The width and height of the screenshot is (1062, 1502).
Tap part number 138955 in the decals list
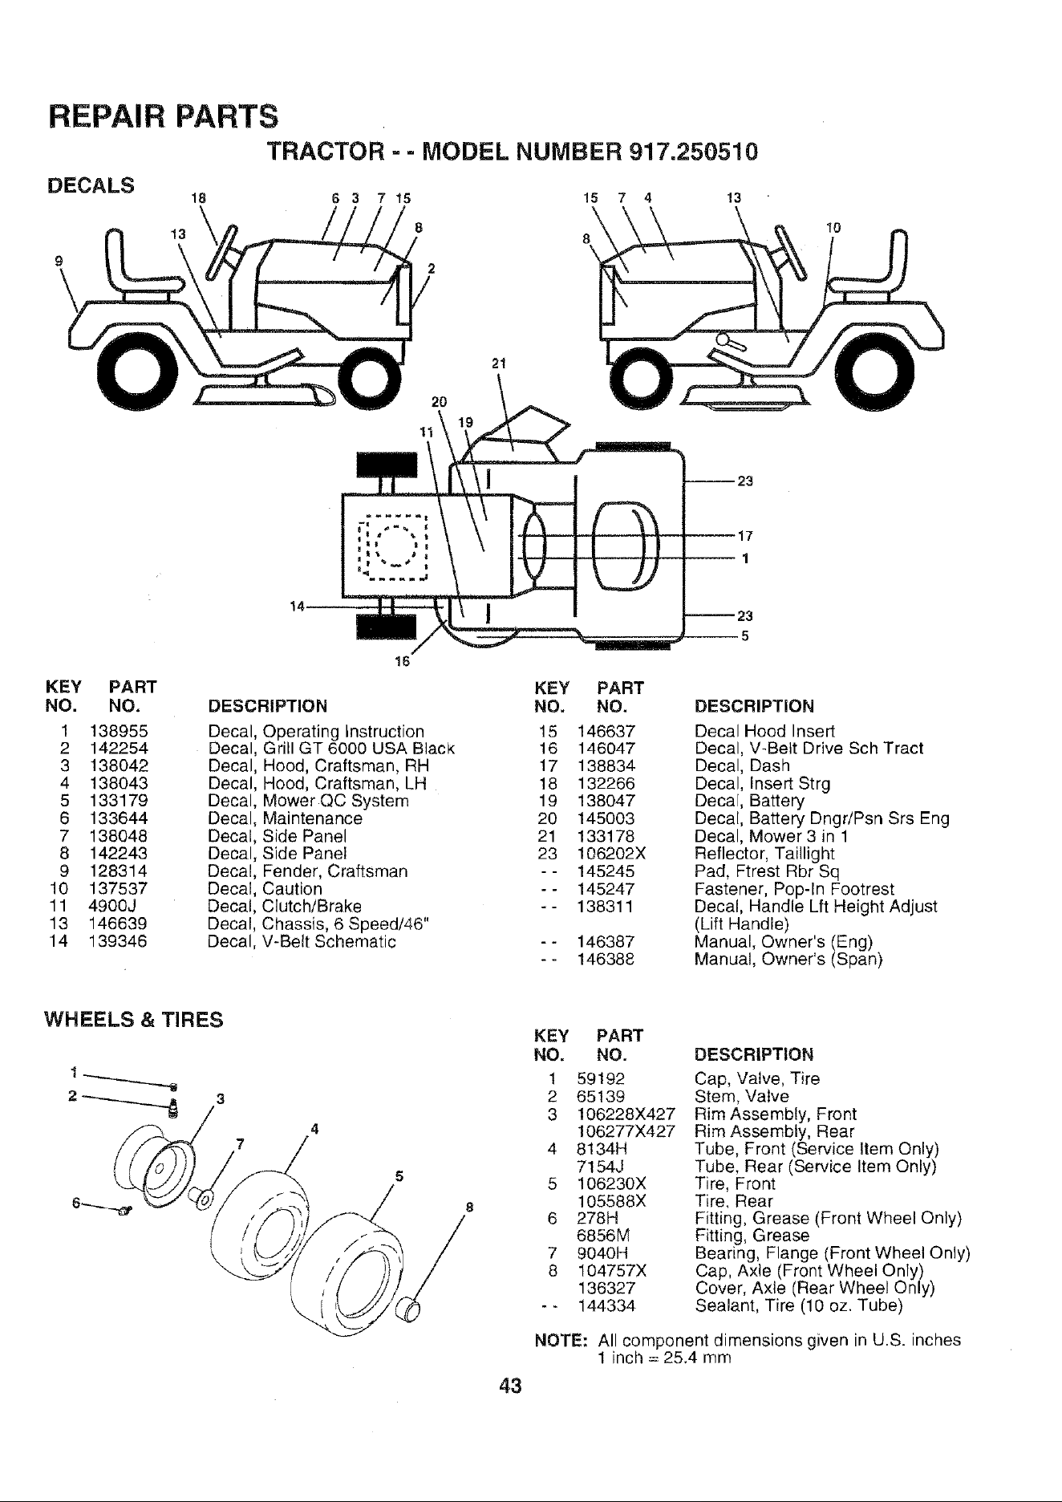pos(120,731)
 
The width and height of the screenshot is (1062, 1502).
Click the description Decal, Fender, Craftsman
pos(307,871)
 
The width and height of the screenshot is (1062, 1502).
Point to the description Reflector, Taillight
pos(764,854)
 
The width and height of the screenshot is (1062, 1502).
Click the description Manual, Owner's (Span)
pos(788,959)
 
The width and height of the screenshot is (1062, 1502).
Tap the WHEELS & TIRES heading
pos(134,1021)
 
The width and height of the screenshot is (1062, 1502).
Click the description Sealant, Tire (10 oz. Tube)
pos(799,1306)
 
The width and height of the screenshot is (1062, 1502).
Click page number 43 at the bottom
pos(509,1386)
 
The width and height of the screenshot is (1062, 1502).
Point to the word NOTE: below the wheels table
pos(562,1341)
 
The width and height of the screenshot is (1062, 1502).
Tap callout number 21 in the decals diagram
pos(498,365)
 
